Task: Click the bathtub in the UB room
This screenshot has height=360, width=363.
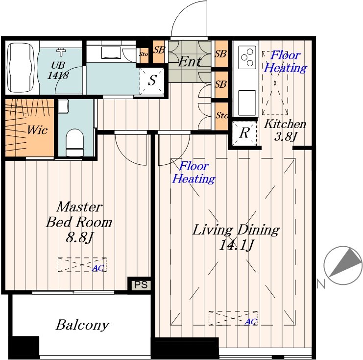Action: pos(21,68)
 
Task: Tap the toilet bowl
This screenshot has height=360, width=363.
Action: pos(74,142)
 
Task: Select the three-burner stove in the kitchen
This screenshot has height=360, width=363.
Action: pos(247,57)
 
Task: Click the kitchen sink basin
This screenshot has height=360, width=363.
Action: pos(247,102)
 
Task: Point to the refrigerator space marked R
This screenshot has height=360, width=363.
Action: pos(244,133)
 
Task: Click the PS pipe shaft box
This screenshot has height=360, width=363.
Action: pos(141,284)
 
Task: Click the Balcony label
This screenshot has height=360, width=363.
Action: pos(82,325)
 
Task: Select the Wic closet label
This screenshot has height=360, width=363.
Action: pos(37,130)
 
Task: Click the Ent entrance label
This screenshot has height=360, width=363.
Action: pos(190,62)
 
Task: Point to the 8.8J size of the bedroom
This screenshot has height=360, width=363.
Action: pos(79,237)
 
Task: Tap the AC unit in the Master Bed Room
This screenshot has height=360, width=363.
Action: pos(82,264)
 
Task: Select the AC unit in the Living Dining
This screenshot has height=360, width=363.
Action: pos(233,318)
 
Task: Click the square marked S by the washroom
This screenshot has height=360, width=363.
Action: pos(152,80)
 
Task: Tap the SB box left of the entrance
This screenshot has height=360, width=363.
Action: pos(159,51)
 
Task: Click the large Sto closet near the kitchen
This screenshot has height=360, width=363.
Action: pos(221,116)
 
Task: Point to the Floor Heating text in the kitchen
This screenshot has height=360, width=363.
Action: pos(286,62)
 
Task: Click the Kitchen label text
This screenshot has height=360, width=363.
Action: pos(285,124)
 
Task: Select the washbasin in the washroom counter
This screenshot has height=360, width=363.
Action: pos(111,52)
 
